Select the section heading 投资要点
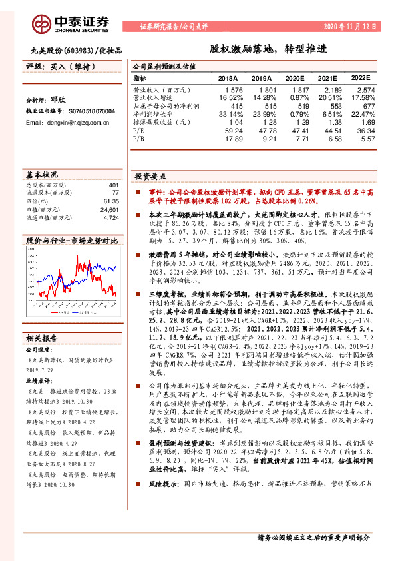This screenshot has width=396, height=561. click(150, 177)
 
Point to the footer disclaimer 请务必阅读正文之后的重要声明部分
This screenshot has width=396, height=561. click(313, 537)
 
